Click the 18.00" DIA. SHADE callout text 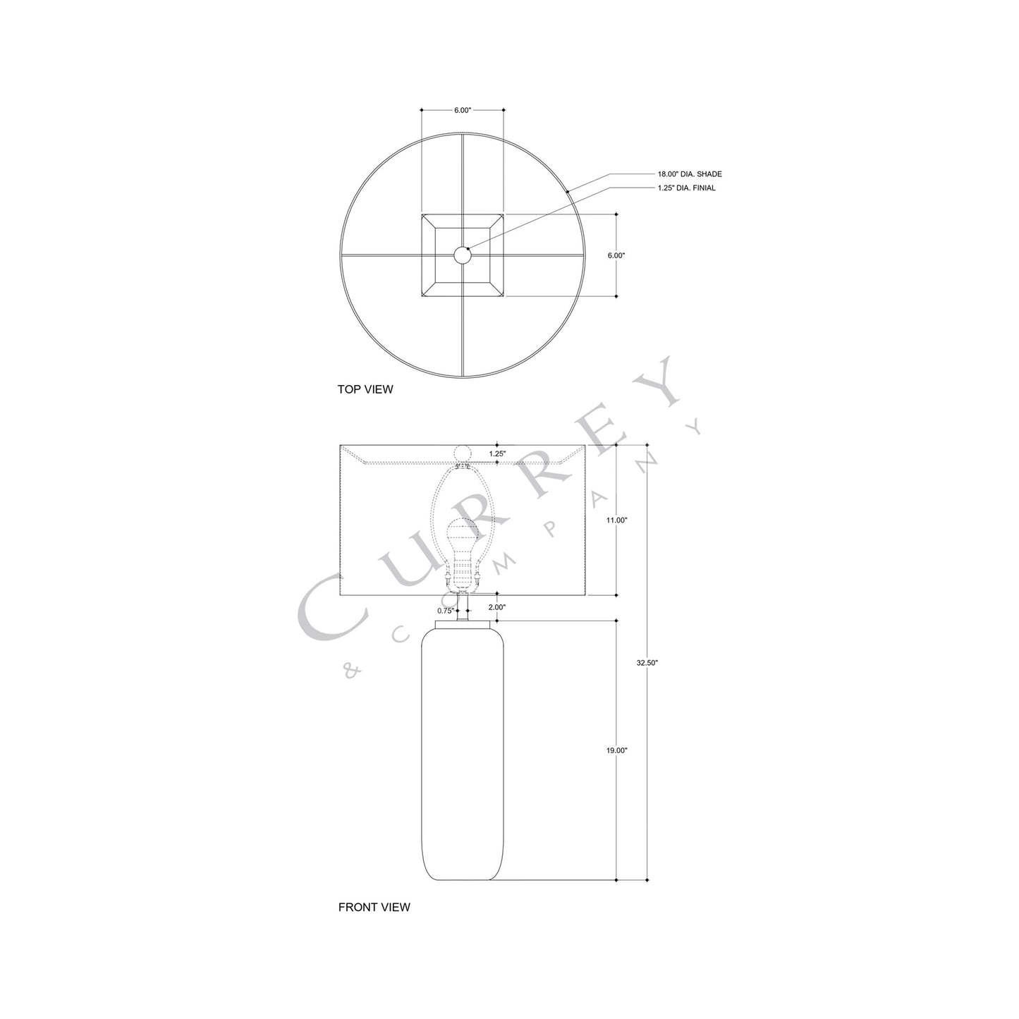689,173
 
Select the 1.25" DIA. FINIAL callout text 687,188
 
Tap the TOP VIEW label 365,389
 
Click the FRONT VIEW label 374,908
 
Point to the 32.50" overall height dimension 647,663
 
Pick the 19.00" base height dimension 616,750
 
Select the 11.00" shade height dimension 616,520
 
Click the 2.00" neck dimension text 496,607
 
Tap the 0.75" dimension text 445,611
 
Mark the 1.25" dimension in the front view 497,454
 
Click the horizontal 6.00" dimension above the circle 462,111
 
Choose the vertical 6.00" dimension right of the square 616,255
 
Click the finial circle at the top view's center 462,255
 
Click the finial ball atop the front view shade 463,453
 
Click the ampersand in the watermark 350,673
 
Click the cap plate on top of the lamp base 462,626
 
